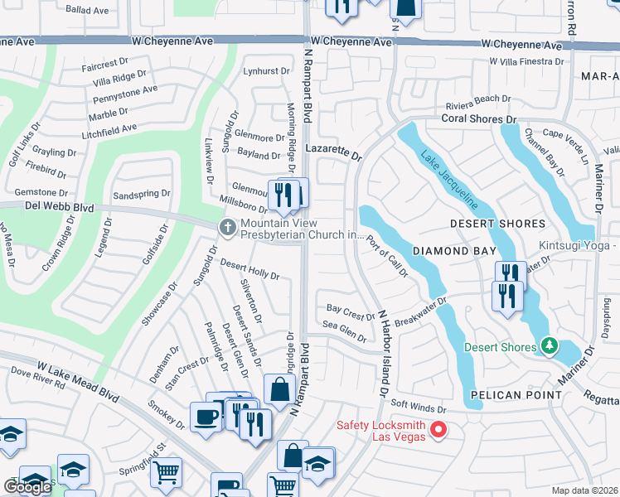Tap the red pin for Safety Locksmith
(439, 429)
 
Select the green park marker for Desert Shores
(548, 345)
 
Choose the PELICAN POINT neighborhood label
(511, 396)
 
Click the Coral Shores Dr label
(478, 119)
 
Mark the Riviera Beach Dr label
(477, 99)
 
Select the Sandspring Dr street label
(141, 194)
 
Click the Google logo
(27, 487)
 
